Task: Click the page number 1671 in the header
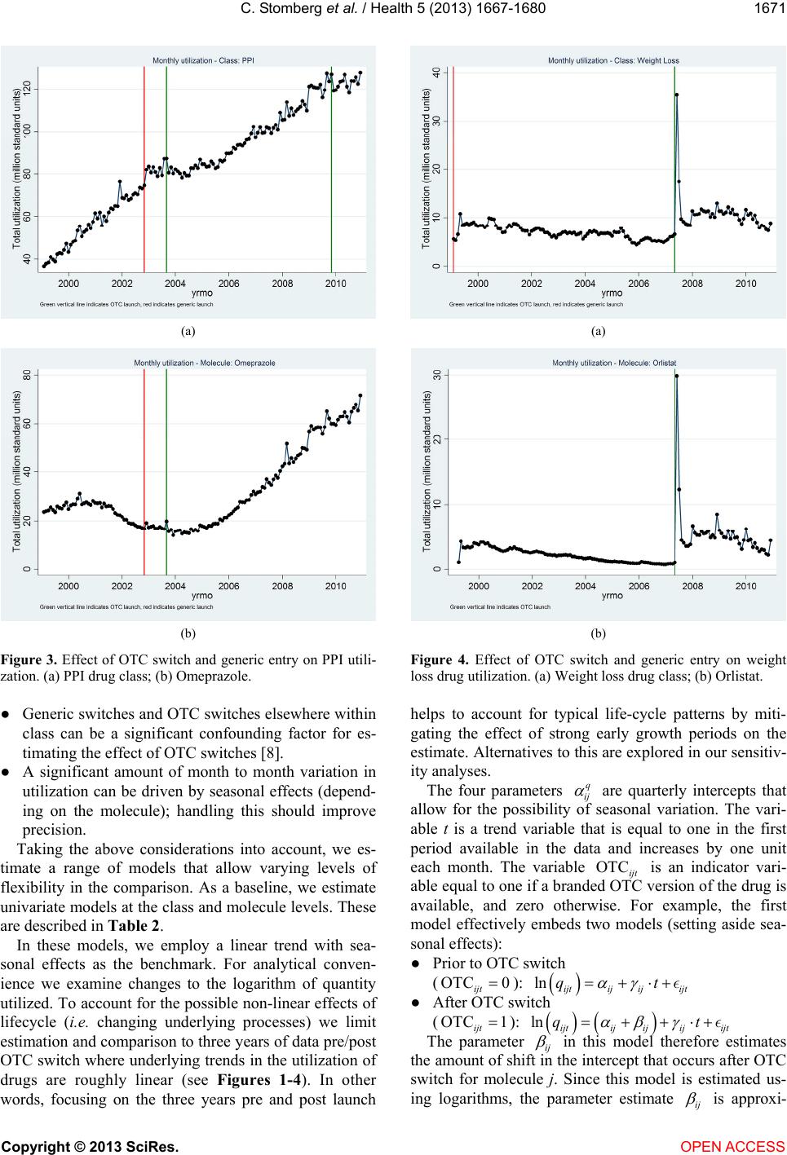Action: (x=769, y=8)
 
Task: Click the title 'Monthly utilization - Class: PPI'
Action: (x=203, y=60)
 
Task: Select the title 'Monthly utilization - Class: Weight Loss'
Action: (x=613, y=60)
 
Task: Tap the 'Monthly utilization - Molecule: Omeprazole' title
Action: (x=205, y=363)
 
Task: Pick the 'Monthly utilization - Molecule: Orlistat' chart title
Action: (x=614, y=363)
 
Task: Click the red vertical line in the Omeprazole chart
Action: (x=144, y=472)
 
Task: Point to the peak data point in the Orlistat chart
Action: (x=677, y=376)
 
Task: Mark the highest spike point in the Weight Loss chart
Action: (x=677, y=95)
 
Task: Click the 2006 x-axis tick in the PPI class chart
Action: (x=228, y=283)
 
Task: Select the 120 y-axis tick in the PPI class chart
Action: (x=28, y=89)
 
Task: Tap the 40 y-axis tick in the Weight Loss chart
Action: (x=437, y=73)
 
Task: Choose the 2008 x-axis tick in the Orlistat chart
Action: (x=692, y=586)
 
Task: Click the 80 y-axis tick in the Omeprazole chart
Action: (x=28, y=375)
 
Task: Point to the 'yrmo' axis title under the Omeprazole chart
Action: (x=201, y=596)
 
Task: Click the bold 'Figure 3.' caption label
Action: (x=29, y=660)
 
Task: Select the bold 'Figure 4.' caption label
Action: (x=440, y=660)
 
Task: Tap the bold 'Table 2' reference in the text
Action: (x=134, y=926)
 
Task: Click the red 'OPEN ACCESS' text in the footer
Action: (x=733, y=1146)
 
